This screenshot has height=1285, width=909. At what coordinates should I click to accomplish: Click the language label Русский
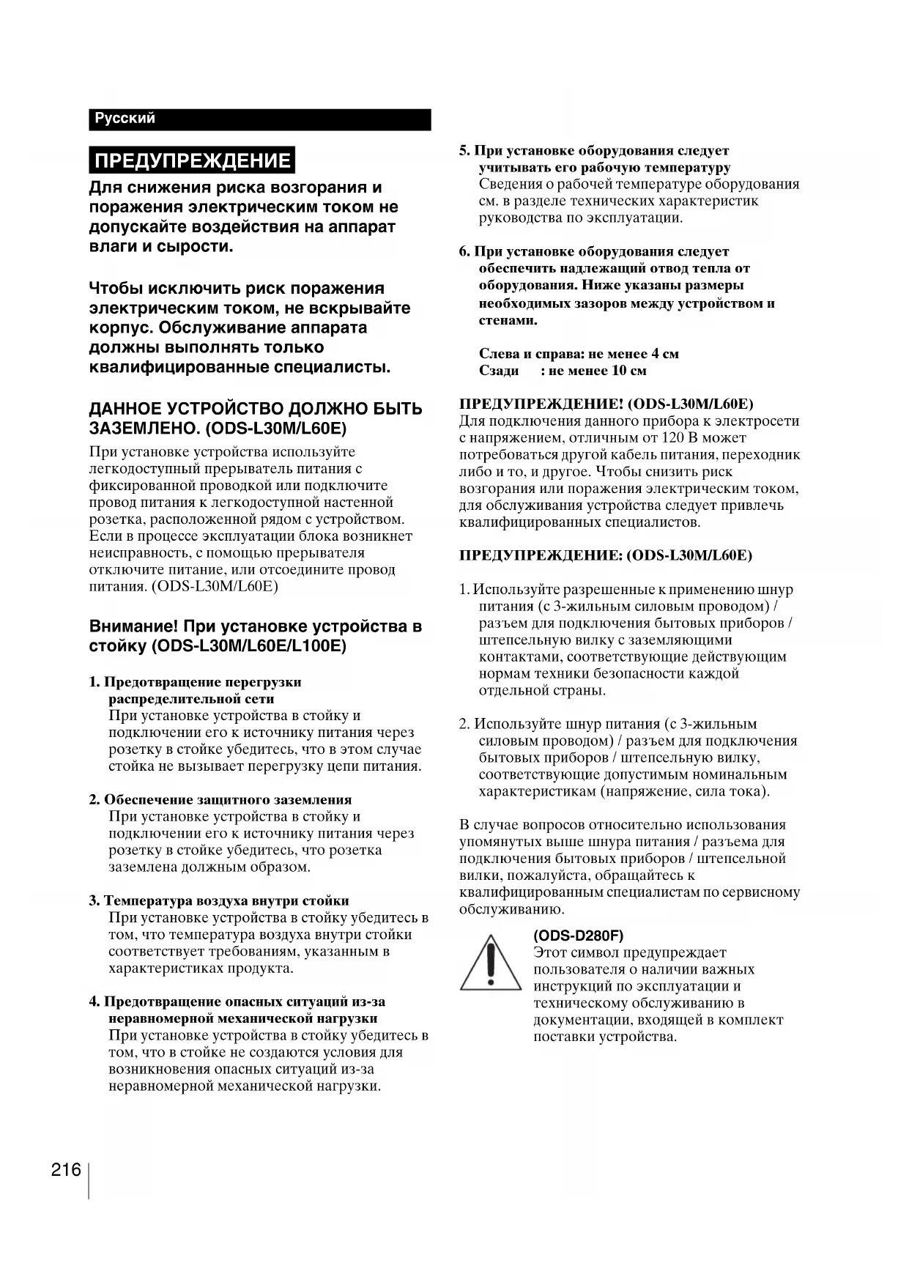coord(125,119)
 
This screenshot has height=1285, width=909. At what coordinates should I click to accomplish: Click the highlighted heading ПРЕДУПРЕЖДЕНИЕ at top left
coord(193,160)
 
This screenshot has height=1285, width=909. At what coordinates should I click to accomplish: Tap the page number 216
coord(66,1169)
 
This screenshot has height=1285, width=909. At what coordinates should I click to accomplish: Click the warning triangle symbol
coord(490,963)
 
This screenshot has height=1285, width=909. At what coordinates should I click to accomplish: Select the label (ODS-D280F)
coord(579,936)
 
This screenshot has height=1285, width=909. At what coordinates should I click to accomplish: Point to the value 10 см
coord(628,371)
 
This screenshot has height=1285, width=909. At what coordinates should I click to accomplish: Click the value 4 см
coord(664,354)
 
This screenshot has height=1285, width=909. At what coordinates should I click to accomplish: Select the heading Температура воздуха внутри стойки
coord(226,901)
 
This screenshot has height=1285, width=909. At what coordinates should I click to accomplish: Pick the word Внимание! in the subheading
coord(134,627)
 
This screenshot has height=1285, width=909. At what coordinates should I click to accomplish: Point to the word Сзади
coord(499,371)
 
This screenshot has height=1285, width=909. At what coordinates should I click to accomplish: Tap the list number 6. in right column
coord(465,252)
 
